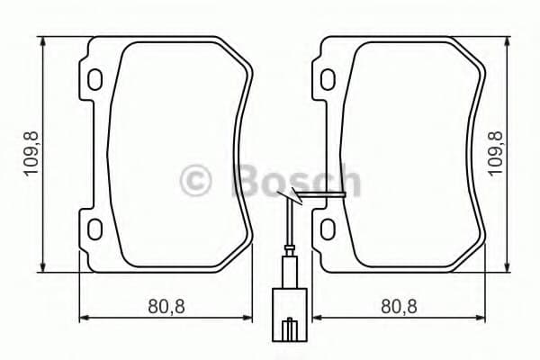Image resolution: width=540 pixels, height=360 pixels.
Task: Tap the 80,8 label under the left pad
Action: (x=166, y=307)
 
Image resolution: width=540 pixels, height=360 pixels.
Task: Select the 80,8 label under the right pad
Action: (x=399, y=307)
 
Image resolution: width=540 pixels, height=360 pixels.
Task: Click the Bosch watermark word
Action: (x=296, y=180)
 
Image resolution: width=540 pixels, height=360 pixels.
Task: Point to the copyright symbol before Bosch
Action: (x=198, y=180)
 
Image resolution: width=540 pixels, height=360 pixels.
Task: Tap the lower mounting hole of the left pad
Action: (x=94, y=226)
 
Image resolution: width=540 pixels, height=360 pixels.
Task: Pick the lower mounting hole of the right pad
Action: (x=328, y=226)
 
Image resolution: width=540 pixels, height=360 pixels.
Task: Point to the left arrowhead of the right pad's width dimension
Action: (x=318, y=317)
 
